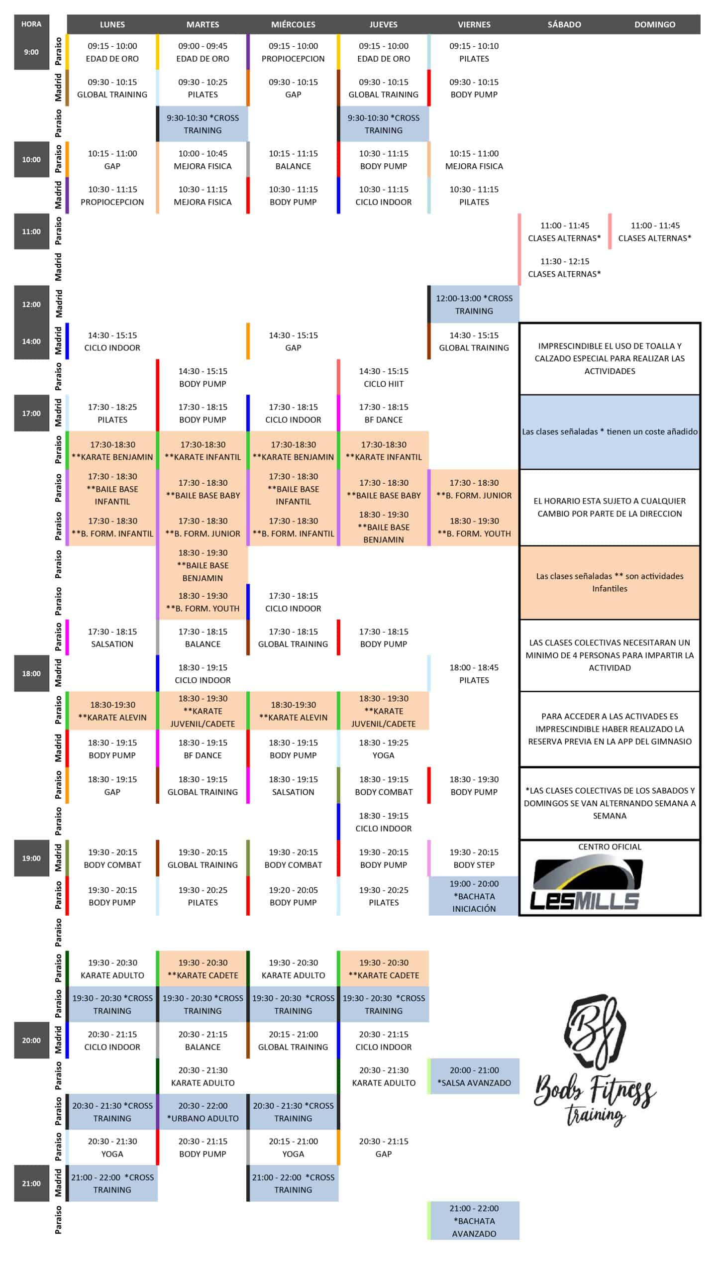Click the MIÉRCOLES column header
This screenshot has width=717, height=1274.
pos(293,24)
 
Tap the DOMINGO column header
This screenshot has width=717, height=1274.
pos(654,24)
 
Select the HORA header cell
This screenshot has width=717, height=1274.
pos(31,24)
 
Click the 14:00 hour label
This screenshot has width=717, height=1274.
pos(31,341)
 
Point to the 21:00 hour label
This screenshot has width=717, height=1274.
pos(31,1183)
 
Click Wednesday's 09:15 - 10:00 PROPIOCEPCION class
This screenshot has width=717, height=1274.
pos(293,52)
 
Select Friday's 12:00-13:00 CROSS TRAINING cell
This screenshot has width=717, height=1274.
pos(474,305)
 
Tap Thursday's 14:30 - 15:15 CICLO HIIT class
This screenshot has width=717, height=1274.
pos(384,377)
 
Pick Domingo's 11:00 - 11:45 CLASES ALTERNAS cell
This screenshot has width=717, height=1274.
pos(654,232)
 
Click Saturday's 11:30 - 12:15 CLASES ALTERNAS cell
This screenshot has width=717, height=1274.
pos(564,268)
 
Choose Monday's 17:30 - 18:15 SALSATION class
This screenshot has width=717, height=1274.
pos(112,637)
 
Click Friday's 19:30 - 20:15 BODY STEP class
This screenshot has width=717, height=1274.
pos(474,858)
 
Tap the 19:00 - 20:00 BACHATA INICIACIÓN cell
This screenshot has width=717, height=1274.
pos(474,896)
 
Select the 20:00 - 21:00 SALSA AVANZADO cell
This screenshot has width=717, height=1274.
pos(474,1076)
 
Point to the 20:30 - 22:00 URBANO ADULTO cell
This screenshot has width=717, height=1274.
pos(203,1112)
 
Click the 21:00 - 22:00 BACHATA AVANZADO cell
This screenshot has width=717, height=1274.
pos(474,1221)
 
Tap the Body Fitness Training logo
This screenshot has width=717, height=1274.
pos(595,1060)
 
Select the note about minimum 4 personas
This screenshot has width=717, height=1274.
pos(610,655)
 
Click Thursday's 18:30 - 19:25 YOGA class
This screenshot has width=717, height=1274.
pos(384,749)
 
